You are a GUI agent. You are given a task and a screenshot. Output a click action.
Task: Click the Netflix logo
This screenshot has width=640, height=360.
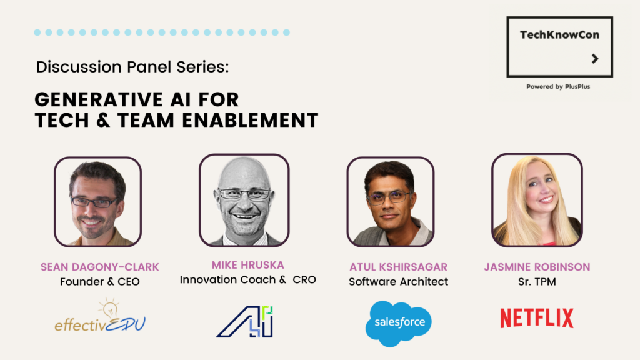click(x=537, y=318)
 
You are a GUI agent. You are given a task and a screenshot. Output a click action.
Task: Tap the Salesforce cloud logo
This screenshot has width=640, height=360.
click(x=398, y=324)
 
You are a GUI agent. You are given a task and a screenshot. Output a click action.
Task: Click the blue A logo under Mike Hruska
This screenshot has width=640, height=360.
click(x=244, y=322)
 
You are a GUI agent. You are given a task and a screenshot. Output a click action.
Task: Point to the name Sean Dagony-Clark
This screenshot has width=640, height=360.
click(x=99, y=267)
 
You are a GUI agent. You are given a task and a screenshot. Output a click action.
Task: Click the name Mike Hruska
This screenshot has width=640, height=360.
click(x=247, y=265)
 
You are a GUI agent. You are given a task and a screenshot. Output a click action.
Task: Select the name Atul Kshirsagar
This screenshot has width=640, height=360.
click(x=398, y=267)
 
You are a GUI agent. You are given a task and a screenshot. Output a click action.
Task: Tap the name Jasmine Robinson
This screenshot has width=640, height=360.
click(x=537, y=267)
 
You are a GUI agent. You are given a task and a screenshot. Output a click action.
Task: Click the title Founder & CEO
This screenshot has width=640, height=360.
click(x=99, y=282)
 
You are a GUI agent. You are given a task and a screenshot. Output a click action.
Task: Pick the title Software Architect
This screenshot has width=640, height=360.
click(x=398, y=282)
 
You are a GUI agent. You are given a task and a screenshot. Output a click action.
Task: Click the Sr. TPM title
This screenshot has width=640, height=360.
click(x=537, y=282)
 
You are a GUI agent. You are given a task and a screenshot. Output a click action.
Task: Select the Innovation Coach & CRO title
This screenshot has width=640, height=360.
click(x=247, y=279)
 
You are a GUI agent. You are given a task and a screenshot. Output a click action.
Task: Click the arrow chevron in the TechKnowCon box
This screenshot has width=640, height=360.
click(x=595, y=59)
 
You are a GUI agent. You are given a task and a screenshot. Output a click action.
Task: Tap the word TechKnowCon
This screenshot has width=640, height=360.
click(x=559, y=35)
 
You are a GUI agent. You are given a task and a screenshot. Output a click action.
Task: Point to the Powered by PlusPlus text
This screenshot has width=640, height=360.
click(x=558, y=86)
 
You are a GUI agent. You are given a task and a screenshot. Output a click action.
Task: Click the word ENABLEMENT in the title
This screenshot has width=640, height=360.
click(x=250, y=121)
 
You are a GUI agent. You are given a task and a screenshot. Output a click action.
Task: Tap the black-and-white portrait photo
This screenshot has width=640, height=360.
click(x=244, y=201)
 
